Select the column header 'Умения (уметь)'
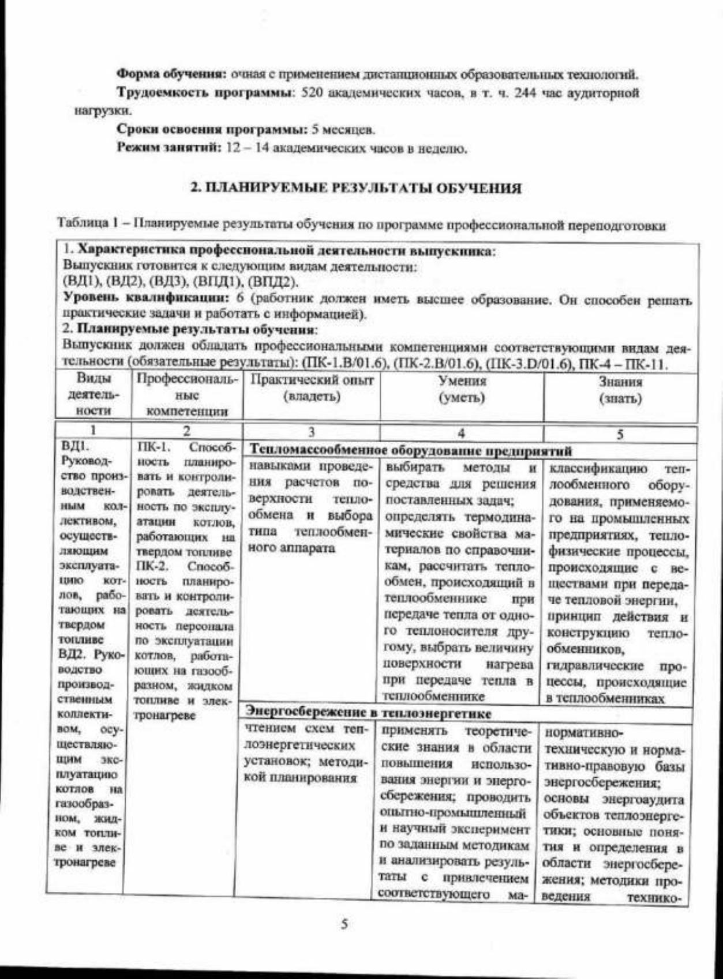coord(462,390)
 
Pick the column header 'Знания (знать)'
coord(620,390)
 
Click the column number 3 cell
coord(311,432)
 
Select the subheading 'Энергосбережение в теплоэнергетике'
coord(369,713)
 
